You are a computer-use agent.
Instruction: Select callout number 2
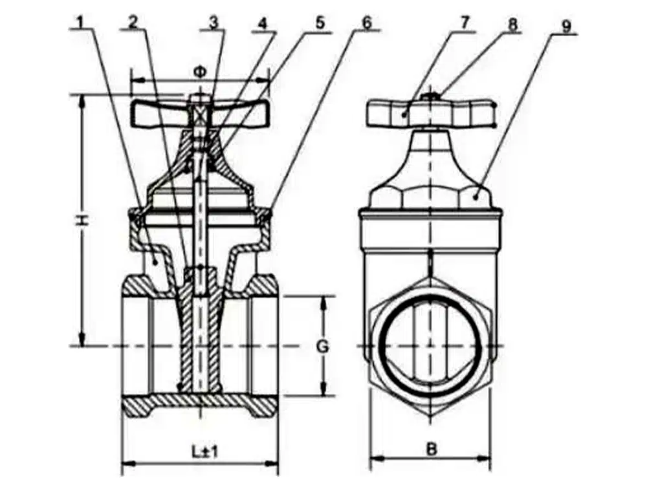[x=133, y=21]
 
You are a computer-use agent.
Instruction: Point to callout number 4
[x=262, y=21]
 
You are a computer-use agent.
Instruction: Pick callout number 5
[x=320, y=21]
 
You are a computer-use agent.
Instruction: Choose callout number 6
[x=367, y=21]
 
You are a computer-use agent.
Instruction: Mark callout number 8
[x=513, y=24]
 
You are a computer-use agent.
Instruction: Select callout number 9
[x=567, y=27]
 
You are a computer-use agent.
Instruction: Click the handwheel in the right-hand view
[x=431, y=114]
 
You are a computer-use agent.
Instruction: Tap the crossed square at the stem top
[x=201, y=115]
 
